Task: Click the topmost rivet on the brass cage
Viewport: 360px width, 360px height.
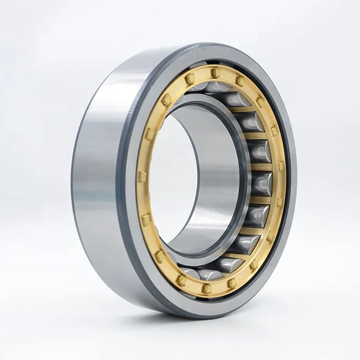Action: click(x=214, y=72)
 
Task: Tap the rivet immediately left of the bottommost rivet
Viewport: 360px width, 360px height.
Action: click(x=181, y=280)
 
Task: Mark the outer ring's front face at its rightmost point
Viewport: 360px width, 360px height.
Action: click(x=292, y=180)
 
